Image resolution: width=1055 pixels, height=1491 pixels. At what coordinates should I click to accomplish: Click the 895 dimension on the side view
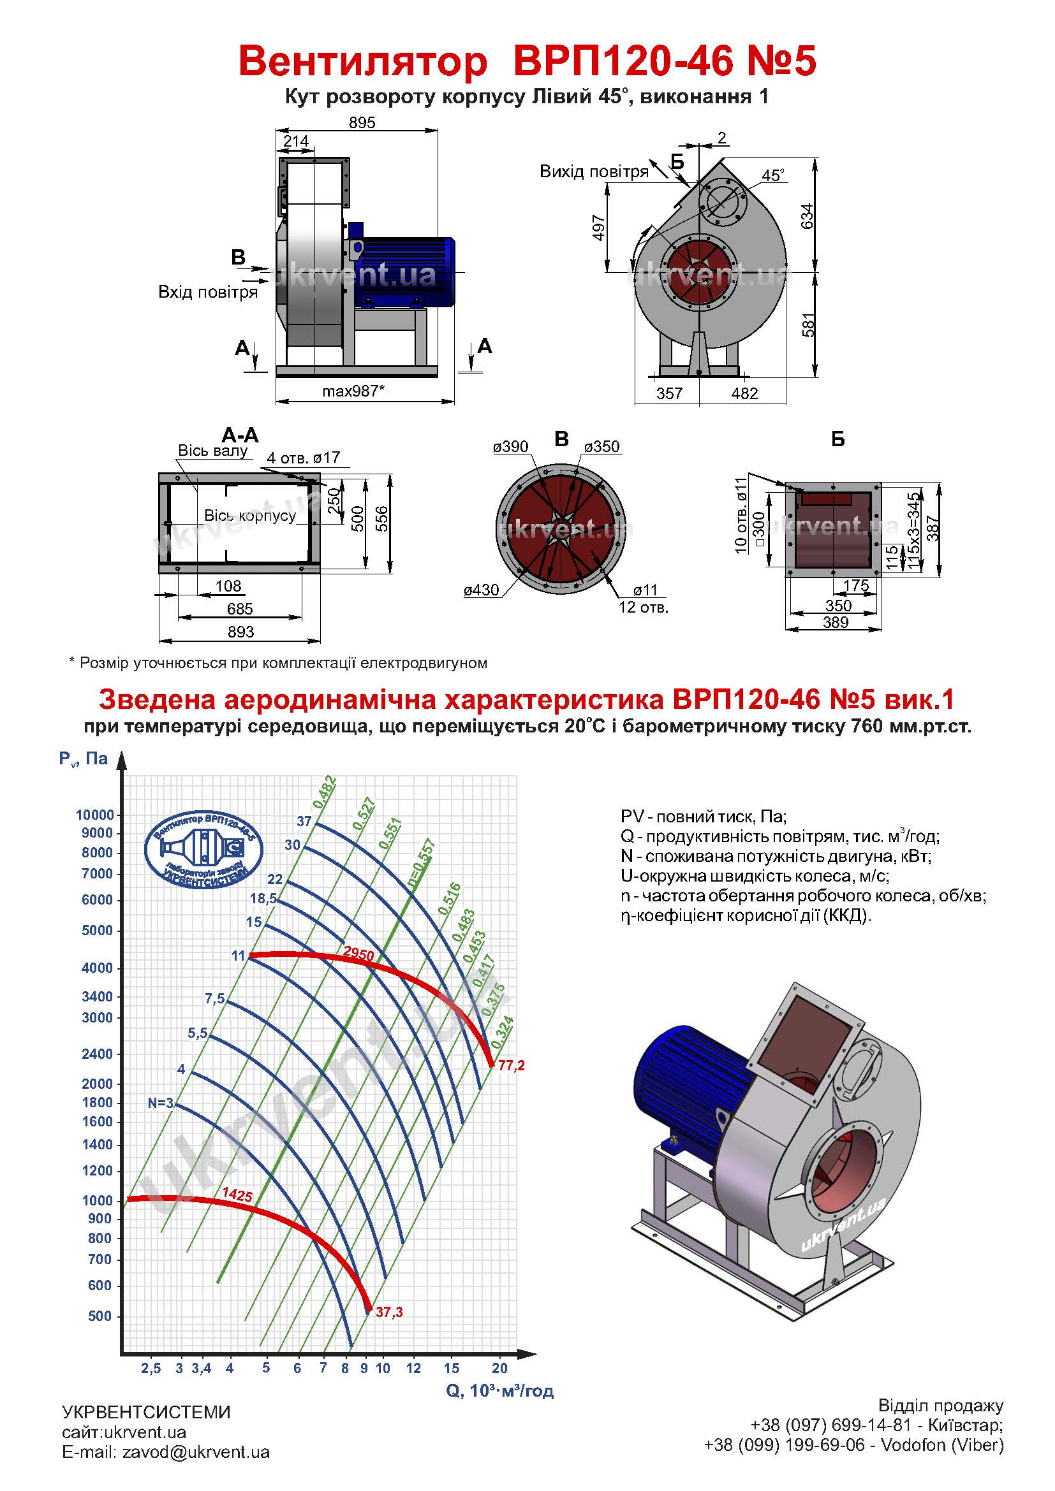[x=362, y=122]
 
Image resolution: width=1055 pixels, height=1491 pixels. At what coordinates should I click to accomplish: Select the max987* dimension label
[x=353, y=391]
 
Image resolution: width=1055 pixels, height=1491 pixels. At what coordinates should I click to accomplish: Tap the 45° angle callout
[x=773, y=175]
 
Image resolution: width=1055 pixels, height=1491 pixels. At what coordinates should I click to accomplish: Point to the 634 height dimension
[x=807, y=215]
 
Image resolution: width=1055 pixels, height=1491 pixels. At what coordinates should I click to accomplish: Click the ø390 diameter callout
[x=511, y=446]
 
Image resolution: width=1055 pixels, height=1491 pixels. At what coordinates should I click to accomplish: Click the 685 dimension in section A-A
[x=240, y=609]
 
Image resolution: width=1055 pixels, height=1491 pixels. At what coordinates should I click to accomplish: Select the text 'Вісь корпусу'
[x=250, y=515]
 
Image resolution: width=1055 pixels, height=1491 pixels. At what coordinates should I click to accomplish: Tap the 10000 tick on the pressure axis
[x=95, y=815]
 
